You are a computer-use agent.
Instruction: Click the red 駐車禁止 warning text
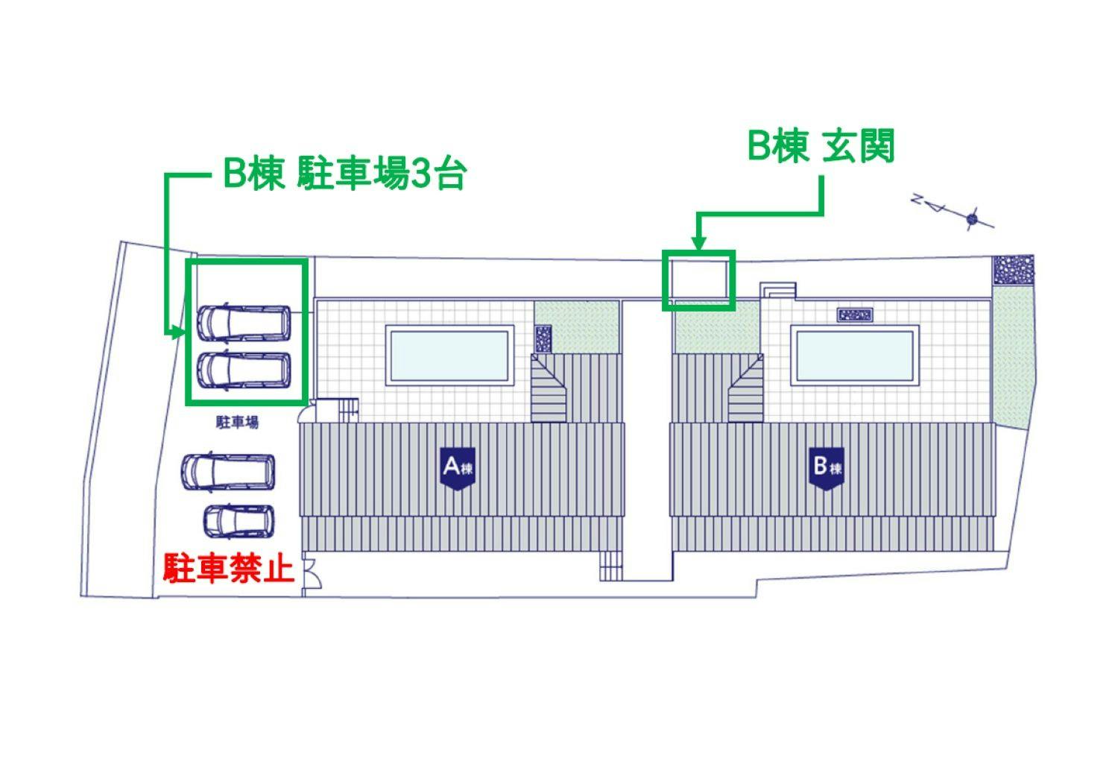(228, 567)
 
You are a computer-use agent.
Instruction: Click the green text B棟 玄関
(821, 145)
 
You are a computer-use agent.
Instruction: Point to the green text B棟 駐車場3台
(345, 174)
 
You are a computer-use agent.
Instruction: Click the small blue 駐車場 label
(237, 422)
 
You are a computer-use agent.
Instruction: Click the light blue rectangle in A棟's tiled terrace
(449, 356)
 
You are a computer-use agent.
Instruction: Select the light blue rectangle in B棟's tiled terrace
(854, 356)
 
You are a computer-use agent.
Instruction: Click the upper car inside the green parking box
(244, 323)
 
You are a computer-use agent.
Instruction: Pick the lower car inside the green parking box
(244, 370)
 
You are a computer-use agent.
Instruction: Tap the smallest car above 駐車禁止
(239, 522)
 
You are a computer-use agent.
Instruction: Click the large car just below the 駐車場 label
(228, 472)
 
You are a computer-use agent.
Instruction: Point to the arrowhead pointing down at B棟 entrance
(699, 243)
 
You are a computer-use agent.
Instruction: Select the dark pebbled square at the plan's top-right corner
(1013, 270)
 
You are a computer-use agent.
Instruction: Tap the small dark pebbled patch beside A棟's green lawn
(543, 339)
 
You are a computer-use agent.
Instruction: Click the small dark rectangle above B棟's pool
(854, 315)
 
